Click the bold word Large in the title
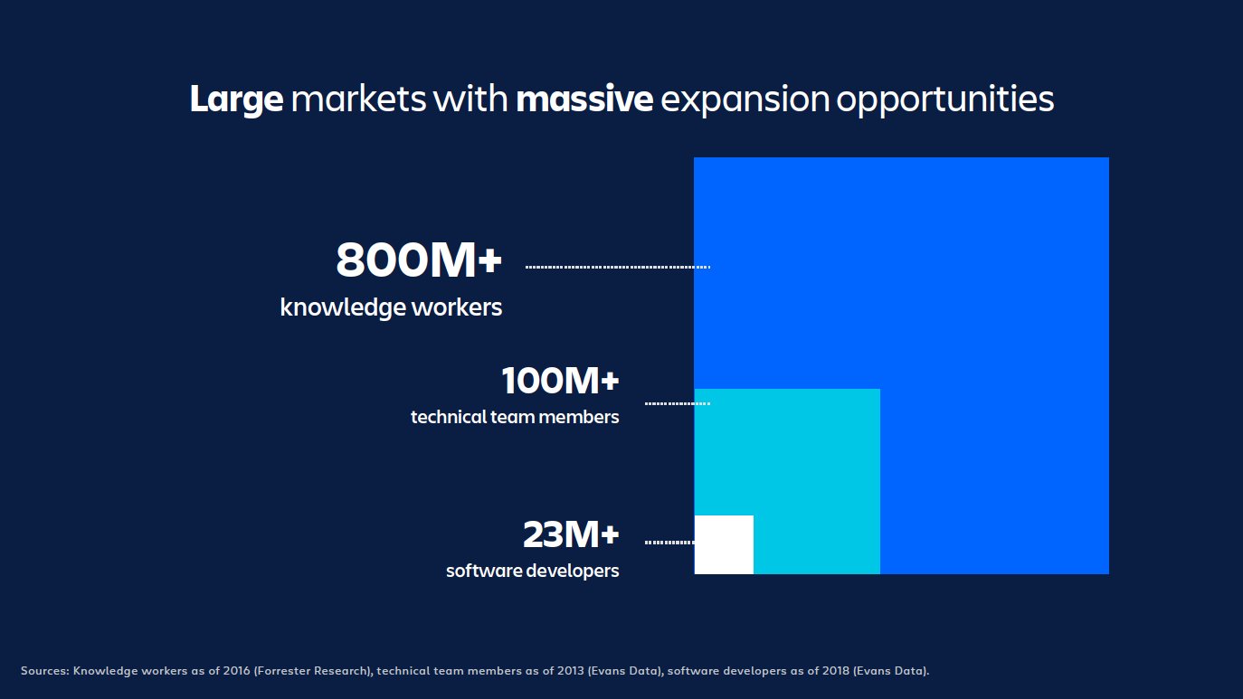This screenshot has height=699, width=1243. pyautogui.click(x=236, y=100)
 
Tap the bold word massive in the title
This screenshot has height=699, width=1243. pyautogui.click(x=584, y=99)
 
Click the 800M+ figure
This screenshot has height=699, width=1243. pyautogui.click(x=418, y=261)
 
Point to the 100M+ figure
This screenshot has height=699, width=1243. pyautogui.click(x=560, y=382)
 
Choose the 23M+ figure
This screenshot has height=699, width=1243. pyautogui.click(x=571, y=535)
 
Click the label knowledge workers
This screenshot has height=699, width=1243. pyautogui.click(x=391, y=307)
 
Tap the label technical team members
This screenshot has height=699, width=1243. pyautogui.click(x=515, y=417)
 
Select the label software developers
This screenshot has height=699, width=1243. pyautogui.click(x=532, y=571)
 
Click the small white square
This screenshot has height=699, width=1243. pyautogui.click(x=724, y=544)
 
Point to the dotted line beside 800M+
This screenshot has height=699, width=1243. pyautogui.click(x=617, y=267)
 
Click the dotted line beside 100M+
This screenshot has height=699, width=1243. pyautogui.click(x=677, y=402)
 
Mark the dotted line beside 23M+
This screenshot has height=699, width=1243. pyautogui.click(x=669, y=543)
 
